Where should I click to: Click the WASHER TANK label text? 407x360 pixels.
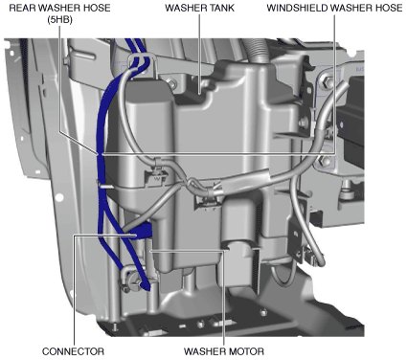199,8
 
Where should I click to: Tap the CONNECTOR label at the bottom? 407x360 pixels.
73,351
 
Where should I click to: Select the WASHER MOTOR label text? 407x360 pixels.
224,351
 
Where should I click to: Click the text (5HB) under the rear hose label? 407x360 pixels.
59,20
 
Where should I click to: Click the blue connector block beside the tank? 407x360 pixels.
143,231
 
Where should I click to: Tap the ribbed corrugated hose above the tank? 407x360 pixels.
257,51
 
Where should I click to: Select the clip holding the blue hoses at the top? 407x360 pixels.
143,65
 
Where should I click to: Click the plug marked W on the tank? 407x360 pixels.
157,178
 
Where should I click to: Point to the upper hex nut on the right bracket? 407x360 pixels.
327,82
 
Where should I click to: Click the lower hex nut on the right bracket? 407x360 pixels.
325,161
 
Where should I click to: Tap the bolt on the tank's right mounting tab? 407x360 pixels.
304,122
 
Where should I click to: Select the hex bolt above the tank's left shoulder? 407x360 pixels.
171,84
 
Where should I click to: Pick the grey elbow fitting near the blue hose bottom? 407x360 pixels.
127,277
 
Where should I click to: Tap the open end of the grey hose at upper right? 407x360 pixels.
343,85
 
